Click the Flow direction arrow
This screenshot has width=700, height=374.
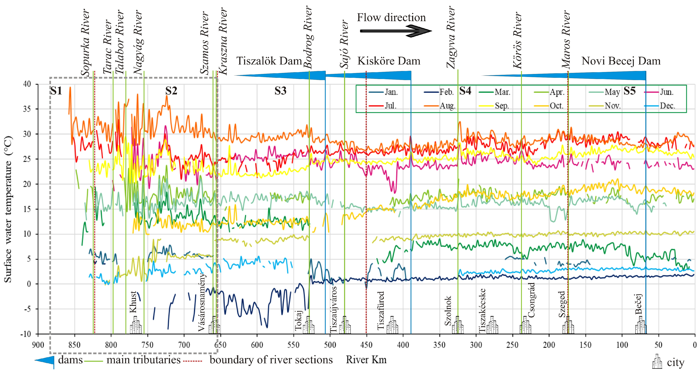(395, 31)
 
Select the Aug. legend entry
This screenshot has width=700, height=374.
(447, 106)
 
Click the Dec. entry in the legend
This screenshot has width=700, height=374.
(667, 106)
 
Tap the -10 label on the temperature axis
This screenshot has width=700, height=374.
(26, 334)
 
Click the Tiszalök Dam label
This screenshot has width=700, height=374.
(269, 61)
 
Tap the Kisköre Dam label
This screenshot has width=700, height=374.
(389, 61)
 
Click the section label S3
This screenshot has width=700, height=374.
(280, 91)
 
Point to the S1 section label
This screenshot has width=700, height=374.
(56, 91)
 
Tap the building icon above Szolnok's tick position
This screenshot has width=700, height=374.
(458, 325)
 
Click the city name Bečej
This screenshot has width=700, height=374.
(639, 304)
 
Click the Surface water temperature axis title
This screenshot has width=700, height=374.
(8, 209)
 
